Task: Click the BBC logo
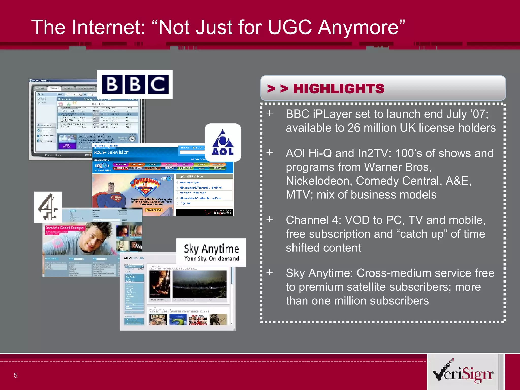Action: (135, 84)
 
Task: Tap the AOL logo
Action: (223, 143)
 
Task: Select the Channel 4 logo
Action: (48, 207)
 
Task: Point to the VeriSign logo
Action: (463, 372)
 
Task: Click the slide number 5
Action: (15, 375)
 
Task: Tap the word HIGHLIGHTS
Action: (338, 89)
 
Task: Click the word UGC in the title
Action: (290, 27)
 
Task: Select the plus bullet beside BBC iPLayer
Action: (270, 113)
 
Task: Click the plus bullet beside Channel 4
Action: (270, 219)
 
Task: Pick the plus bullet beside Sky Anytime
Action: (270, 272)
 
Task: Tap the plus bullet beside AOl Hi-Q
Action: (270, 153)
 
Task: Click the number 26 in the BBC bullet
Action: (354, 128)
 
